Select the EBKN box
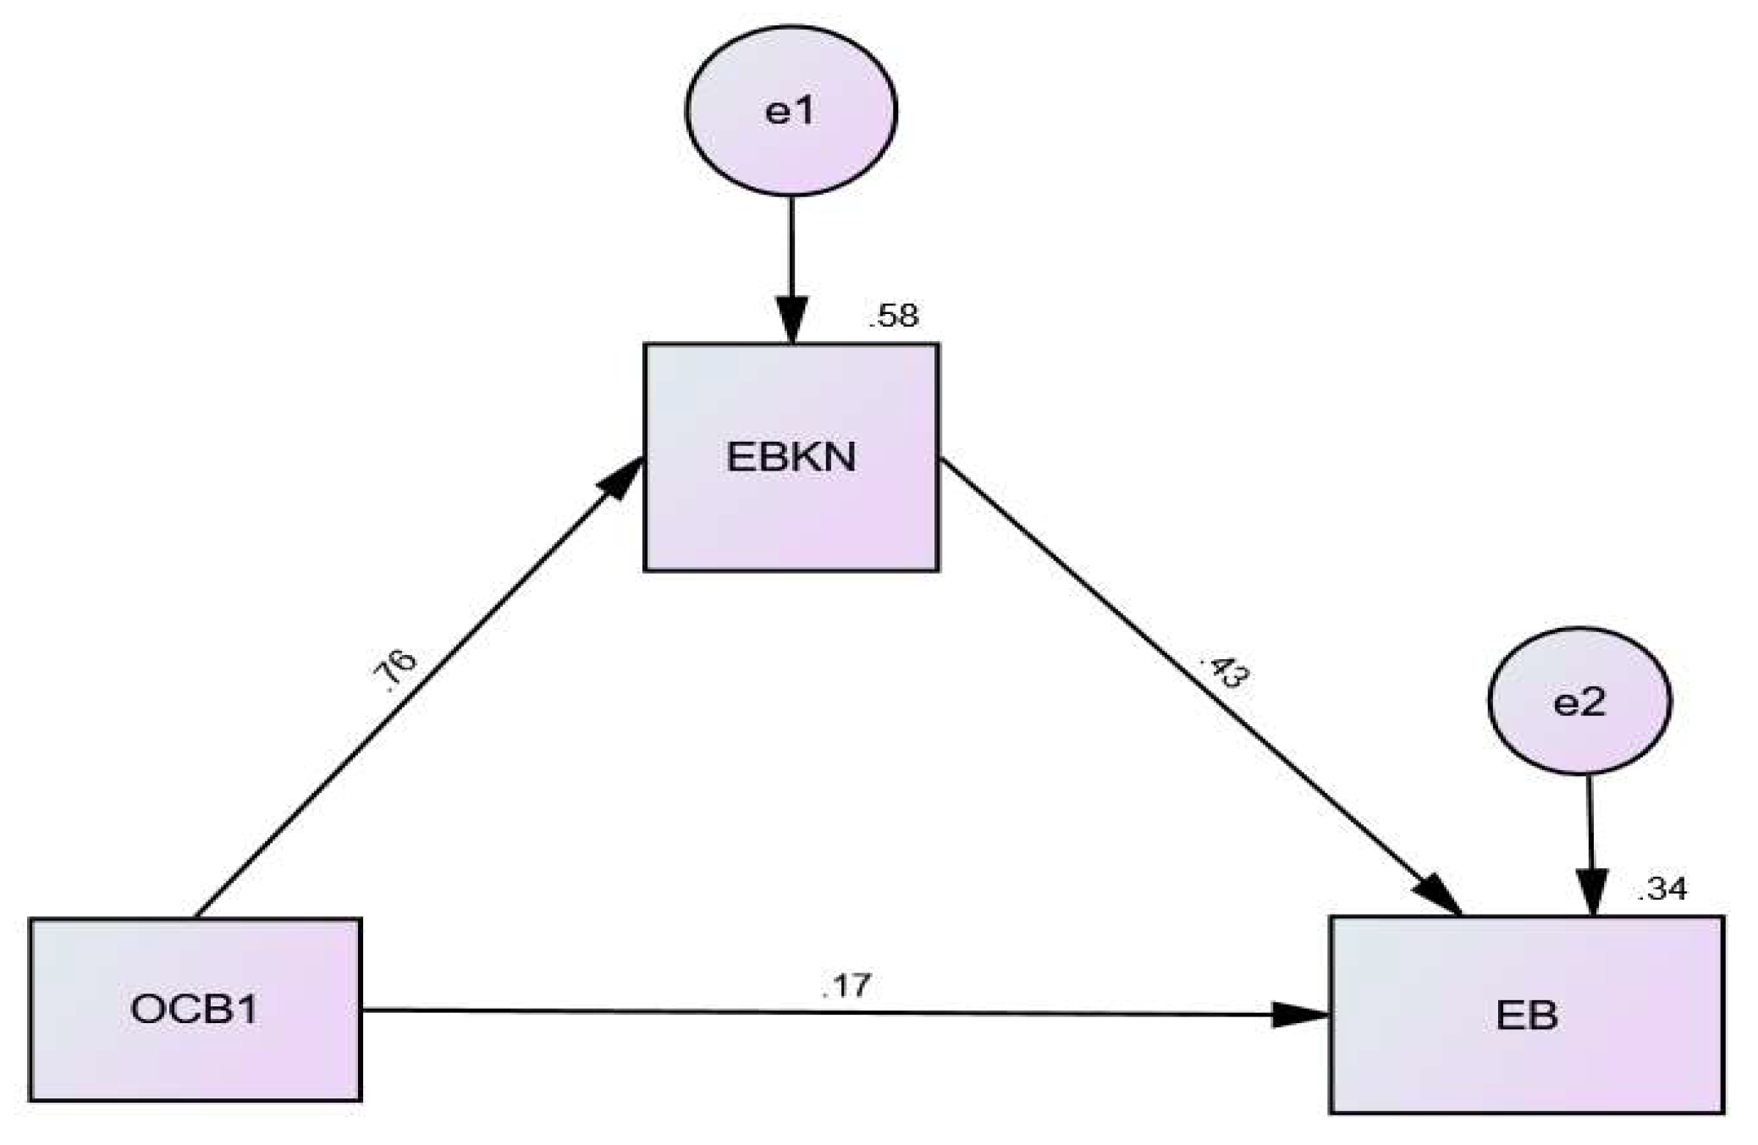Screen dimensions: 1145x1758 coord(791,508)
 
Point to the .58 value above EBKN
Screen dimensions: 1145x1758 coord(893,317)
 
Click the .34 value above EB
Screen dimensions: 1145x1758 coord(1662,889)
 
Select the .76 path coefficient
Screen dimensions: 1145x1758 coord(395,672)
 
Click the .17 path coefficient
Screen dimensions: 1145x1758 coord(846,986)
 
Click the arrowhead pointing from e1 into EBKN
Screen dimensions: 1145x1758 coord(792,321)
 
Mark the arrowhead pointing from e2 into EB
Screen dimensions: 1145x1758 coord(1592,894)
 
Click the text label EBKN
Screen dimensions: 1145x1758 coord(791,458)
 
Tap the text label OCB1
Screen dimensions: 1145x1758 coord(195,1010)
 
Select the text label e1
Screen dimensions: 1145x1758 coord(791,111)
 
